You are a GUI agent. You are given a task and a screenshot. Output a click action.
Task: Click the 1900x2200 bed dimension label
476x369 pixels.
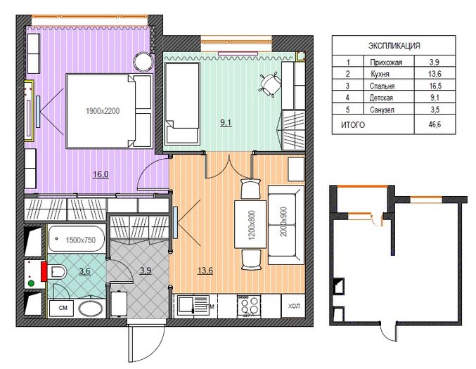pos(103,111)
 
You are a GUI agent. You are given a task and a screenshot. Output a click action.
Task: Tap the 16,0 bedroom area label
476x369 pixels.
pos(101,174)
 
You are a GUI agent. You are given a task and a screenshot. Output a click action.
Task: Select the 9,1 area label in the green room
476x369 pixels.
pos(226,123)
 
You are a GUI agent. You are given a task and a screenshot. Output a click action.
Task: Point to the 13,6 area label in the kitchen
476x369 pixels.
pos(205,270)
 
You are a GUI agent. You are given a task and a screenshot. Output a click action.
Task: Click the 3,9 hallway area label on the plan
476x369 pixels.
pos(146,270)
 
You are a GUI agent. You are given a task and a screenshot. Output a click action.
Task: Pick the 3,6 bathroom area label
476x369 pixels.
pos(84,271)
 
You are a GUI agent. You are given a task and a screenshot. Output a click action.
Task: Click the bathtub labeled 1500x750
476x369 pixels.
pos(77,239)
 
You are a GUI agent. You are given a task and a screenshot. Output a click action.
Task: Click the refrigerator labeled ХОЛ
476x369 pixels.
pos(293,306)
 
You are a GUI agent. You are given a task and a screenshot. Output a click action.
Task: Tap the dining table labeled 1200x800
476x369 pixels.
pos(251,224)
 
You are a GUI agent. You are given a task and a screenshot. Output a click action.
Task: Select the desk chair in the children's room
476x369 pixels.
pos(270,84)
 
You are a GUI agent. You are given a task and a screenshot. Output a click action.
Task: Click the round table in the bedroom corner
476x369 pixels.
pos(143,62)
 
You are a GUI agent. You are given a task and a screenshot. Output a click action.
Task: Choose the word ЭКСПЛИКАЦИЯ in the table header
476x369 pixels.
pos(394,46)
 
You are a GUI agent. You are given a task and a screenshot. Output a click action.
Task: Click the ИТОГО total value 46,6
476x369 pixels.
pos(435,124)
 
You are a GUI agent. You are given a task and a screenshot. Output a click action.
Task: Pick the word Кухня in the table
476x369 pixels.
pos(380,74)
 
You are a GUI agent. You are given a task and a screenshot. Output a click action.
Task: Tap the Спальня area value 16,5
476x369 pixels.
pos(435,86)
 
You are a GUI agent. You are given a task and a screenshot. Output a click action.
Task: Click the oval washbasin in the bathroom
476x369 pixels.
pos(91,309)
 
